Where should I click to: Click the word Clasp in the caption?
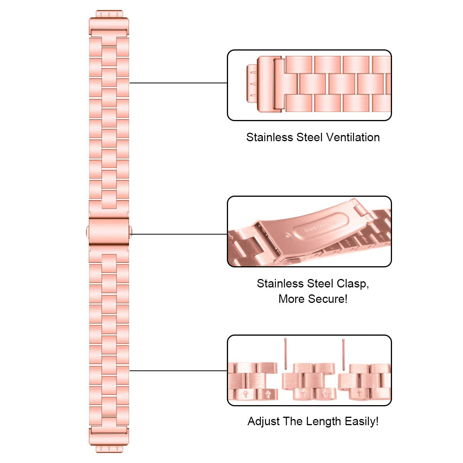(x=352, y=284)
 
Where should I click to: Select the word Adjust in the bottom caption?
(x=264, y=421)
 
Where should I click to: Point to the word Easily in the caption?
(x=360, y=421)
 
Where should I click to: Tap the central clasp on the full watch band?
(x=108, y=231)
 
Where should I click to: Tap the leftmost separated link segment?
(x=252, y=381)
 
